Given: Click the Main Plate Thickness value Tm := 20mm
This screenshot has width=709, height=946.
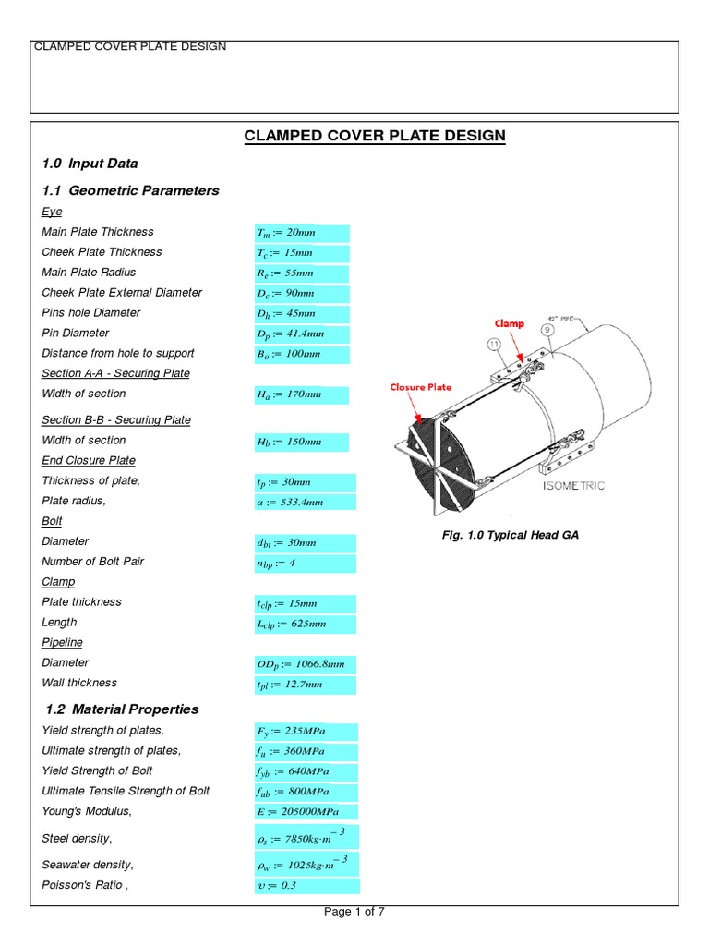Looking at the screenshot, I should pos(286,233).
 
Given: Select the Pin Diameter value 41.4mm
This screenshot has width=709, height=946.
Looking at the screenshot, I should pos(290,334).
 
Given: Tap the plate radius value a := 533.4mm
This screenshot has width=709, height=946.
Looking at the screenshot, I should pos(290,502).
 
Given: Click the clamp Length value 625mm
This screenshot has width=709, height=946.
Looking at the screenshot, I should pos(291,624).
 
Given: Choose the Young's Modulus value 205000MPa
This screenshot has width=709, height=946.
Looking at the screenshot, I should pos(297,811).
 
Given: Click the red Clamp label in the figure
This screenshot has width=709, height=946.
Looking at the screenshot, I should pos(508,325).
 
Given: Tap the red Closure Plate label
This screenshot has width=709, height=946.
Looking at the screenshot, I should pos(420,387).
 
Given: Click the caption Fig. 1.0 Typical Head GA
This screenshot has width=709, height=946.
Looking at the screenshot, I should pos(511,535).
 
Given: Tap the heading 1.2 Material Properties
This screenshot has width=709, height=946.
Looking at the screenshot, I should pos(122,709).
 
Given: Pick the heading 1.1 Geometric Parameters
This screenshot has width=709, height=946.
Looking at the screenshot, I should pos(130,190).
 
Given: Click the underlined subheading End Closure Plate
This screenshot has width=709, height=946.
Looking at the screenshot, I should pos(89,460).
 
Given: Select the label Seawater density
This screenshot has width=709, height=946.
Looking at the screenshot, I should pos(88,865).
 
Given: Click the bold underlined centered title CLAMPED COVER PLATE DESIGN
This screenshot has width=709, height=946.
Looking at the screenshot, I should pos(375,136).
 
